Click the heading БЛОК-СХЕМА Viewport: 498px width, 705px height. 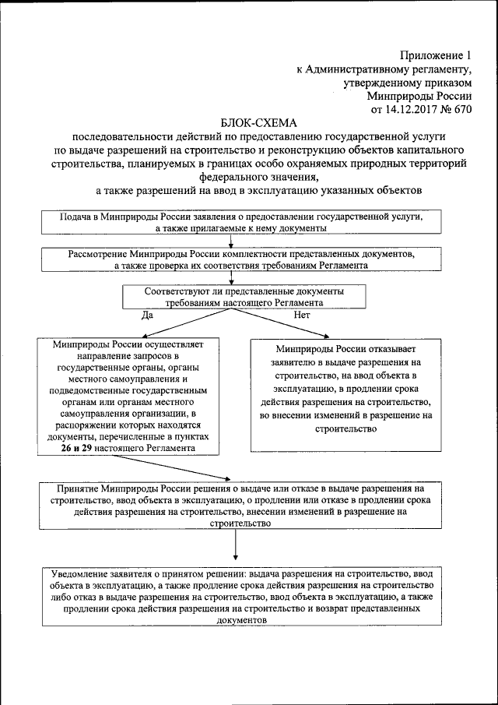[259, 122]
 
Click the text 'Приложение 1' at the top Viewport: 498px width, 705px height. [437, 55]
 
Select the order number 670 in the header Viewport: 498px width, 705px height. [462, 109]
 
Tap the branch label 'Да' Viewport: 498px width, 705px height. [147, 315]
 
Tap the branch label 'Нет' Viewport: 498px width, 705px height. [301, 315]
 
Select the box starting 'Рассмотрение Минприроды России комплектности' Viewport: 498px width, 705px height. [240, 259]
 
